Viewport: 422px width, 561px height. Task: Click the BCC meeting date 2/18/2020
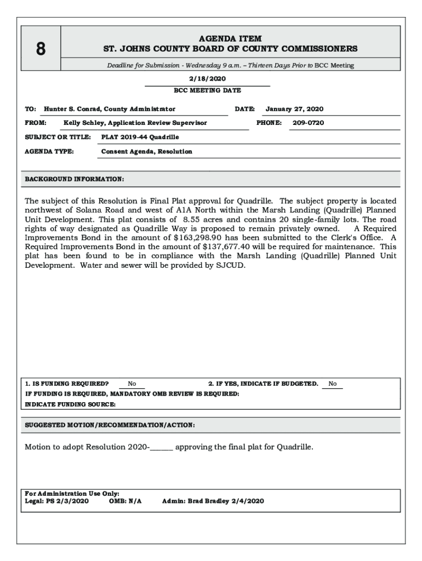pos(207,79)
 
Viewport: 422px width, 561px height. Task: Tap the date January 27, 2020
pos(294,109)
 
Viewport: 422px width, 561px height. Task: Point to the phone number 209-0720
pos(308,123)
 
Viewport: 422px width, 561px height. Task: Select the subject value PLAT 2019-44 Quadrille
pos(140,137)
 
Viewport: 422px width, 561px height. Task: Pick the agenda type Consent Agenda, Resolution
pos(147,151)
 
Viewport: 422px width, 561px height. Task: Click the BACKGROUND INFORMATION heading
pos(75,179)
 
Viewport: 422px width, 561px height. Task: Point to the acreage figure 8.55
pos(191,219)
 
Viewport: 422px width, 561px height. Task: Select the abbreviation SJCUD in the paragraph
pos(232,265)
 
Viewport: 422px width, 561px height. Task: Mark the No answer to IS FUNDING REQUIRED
pos(132,384)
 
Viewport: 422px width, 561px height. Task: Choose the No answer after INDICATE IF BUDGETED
pos(333,384)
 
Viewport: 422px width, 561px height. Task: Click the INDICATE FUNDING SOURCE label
pos(71,404)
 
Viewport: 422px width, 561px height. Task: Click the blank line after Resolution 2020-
pos(162,447)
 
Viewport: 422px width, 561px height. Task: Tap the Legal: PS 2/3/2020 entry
pos(56,501)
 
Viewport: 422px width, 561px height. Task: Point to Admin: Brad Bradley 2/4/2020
pos(213,501)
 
